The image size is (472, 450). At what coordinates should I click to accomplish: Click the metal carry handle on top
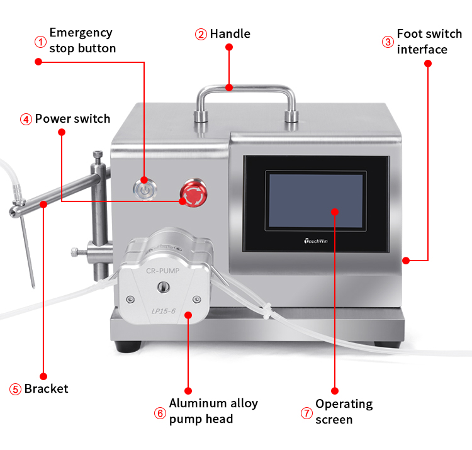click(245, 92)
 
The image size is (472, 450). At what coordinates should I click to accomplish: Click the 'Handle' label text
click(230, 33)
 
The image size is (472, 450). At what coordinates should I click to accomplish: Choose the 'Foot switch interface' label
click(430, 41)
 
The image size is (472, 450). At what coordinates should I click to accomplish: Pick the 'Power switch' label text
click(72, 118)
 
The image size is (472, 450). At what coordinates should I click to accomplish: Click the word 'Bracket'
click(46, 388)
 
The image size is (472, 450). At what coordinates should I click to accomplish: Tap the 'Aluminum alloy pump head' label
click(213, 411)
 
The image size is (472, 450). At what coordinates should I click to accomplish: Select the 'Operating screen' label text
click(344, 411)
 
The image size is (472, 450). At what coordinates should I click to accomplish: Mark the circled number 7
click(306, 413)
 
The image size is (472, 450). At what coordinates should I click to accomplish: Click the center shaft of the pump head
click(164, 287)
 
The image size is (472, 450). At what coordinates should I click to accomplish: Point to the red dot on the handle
click(230, 88)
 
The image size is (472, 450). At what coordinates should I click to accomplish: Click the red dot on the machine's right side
click(406, 259)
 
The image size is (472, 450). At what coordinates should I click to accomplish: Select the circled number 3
click(388, 42)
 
